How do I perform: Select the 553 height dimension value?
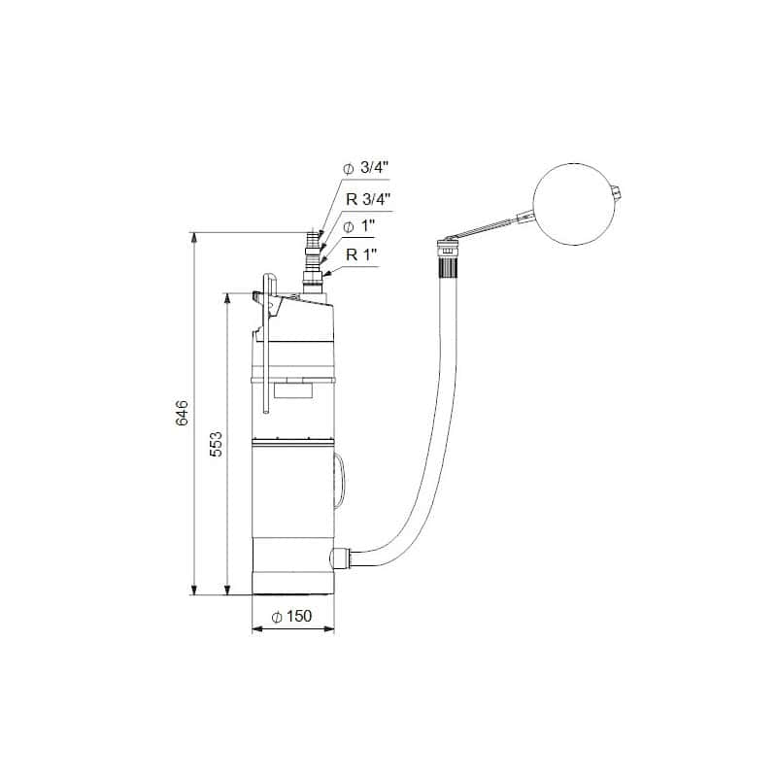[217, 443]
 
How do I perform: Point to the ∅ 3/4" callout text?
[364, 168]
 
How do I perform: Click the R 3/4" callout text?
[365, 198]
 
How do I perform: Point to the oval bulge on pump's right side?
[338, 482]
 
